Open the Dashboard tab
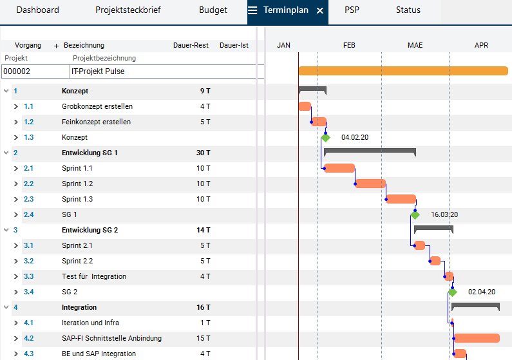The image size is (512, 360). click(37, 10)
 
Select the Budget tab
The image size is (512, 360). click(213, 10)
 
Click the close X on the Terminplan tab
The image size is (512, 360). click(320, 11)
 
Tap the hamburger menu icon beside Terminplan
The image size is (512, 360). click(252, 10)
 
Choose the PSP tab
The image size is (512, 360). click(352, 10)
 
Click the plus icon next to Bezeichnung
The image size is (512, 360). click(56, 46)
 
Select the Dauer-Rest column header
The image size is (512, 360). click(191, 45)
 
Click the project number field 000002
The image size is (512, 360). click(35, 71)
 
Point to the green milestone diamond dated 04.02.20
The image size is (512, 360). click(325, 137)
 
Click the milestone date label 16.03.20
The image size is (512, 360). click(444, 214)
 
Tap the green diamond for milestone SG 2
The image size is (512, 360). click(452, 292)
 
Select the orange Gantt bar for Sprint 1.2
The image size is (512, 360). click(370, 184)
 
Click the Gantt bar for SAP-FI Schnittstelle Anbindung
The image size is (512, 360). click(477, 338)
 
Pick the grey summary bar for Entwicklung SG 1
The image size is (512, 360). click(370, 151)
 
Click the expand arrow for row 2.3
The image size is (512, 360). click(16, 200)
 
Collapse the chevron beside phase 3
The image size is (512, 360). click(6, 230)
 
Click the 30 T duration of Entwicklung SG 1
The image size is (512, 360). click(203, 153)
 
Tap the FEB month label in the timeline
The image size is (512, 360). click(349, 45)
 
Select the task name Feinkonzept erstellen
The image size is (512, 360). click(97, 122)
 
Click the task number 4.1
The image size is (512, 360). click(28, 323)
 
